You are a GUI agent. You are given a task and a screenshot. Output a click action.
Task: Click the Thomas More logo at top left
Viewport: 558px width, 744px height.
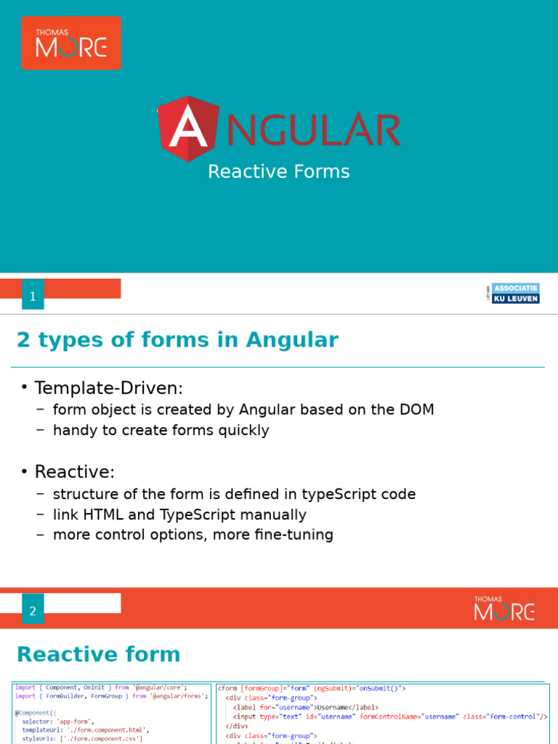pyautogui.click(x=71, y=43)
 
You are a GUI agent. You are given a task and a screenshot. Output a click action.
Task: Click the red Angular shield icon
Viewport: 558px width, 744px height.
pyautogui.click(x=188, y=129)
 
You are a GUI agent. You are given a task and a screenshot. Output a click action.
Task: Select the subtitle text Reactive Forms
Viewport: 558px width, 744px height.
pyautogui.click(x=279, y=171)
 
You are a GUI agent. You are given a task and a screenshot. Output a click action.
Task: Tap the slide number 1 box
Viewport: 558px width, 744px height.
pyautogui.click(x=33, y=296)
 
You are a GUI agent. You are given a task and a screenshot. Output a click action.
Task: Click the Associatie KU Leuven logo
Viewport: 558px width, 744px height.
pyautogui.click(x=515, y=293)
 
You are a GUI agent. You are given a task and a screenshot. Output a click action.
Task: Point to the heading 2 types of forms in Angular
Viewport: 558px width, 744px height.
pyautogui.click(x=177, y=340)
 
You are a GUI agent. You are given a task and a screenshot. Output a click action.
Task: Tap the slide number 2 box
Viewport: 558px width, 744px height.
pyautogui.click(x=33, y=611)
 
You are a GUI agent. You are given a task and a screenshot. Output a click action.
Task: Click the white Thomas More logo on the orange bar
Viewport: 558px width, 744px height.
pyautogui.click(x=504, y=608)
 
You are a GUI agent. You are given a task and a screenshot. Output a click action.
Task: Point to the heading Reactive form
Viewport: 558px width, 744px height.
pyautogui.click(x=98, y=654)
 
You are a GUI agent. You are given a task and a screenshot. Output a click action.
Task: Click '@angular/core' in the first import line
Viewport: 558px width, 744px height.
pyautogui.click(x=160, y=687)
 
